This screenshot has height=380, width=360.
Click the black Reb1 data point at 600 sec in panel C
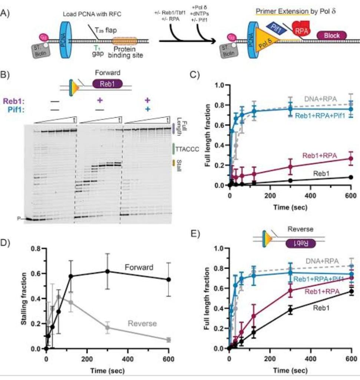coord(350,177)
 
